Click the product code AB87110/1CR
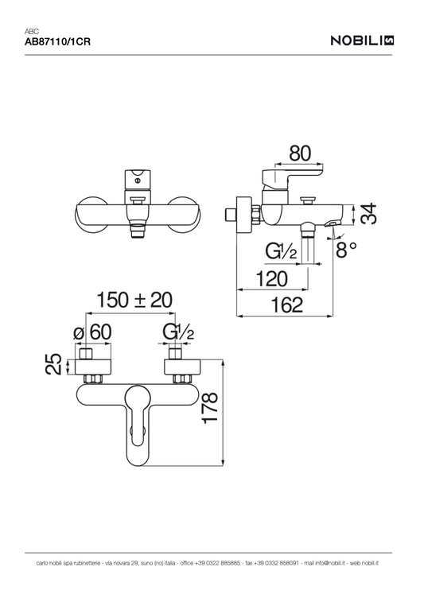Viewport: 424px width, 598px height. [57, 41]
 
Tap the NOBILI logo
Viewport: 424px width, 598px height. [362, 41]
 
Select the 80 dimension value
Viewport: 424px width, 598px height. [300, 153]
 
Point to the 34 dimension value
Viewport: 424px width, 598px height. [368, 214]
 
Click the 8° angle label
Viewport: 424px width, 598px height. [346, 250]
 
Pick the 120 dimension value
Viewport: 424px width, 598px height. [271, 279]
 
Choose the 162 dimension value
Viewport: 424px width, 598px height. [286, 305]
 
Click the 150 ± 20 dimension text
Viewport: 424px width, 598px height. [134, 300]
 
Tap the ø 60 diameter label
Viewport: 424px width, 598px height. [92, 332]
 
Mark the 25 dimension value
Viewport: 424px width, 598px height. [54, 364]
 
